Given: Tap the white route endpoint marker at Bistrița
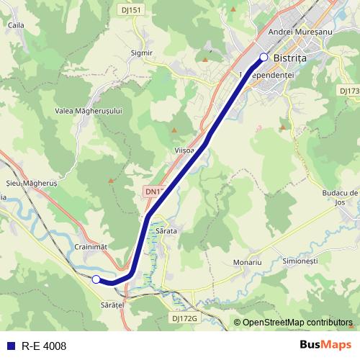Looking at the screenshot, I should click(x=264, y=57).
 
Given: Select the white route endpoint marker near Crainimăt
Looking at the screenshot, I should click(x=96, y=279).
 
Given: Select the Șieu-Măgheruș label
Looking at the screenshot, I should click(x=30, y=184).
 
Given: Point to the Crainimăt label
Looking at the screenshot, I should click(x=91, y=246).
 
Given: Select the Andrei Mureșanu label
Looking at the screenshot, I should click(x=299, y=32).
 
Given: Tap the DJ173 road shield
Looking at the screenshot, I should click(x=348, y=91).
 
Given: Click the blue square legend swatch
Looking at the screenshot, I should click(x=11, y=346).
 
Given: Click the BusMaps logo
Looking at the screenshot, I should click(x=325, y=345).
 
